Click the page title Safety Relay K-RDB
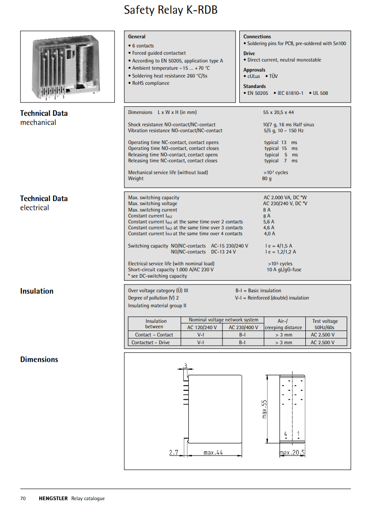171,10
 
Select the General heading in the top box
137,36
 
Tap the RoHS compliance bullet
151,83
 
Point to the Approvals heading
254,70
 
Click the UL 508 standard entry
320,93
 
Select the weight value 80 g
267,179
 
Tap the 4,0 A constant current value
269,234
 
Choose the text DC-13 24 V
223,252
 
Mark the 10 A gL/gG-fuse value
284,270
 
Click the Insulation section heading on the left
37,291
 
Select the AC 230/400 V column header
243,327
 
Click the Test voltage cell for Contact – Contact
323,335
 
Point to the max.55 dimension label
264,409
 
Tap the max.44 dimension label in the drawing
213,453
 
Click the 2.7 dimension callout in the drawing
173,453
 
